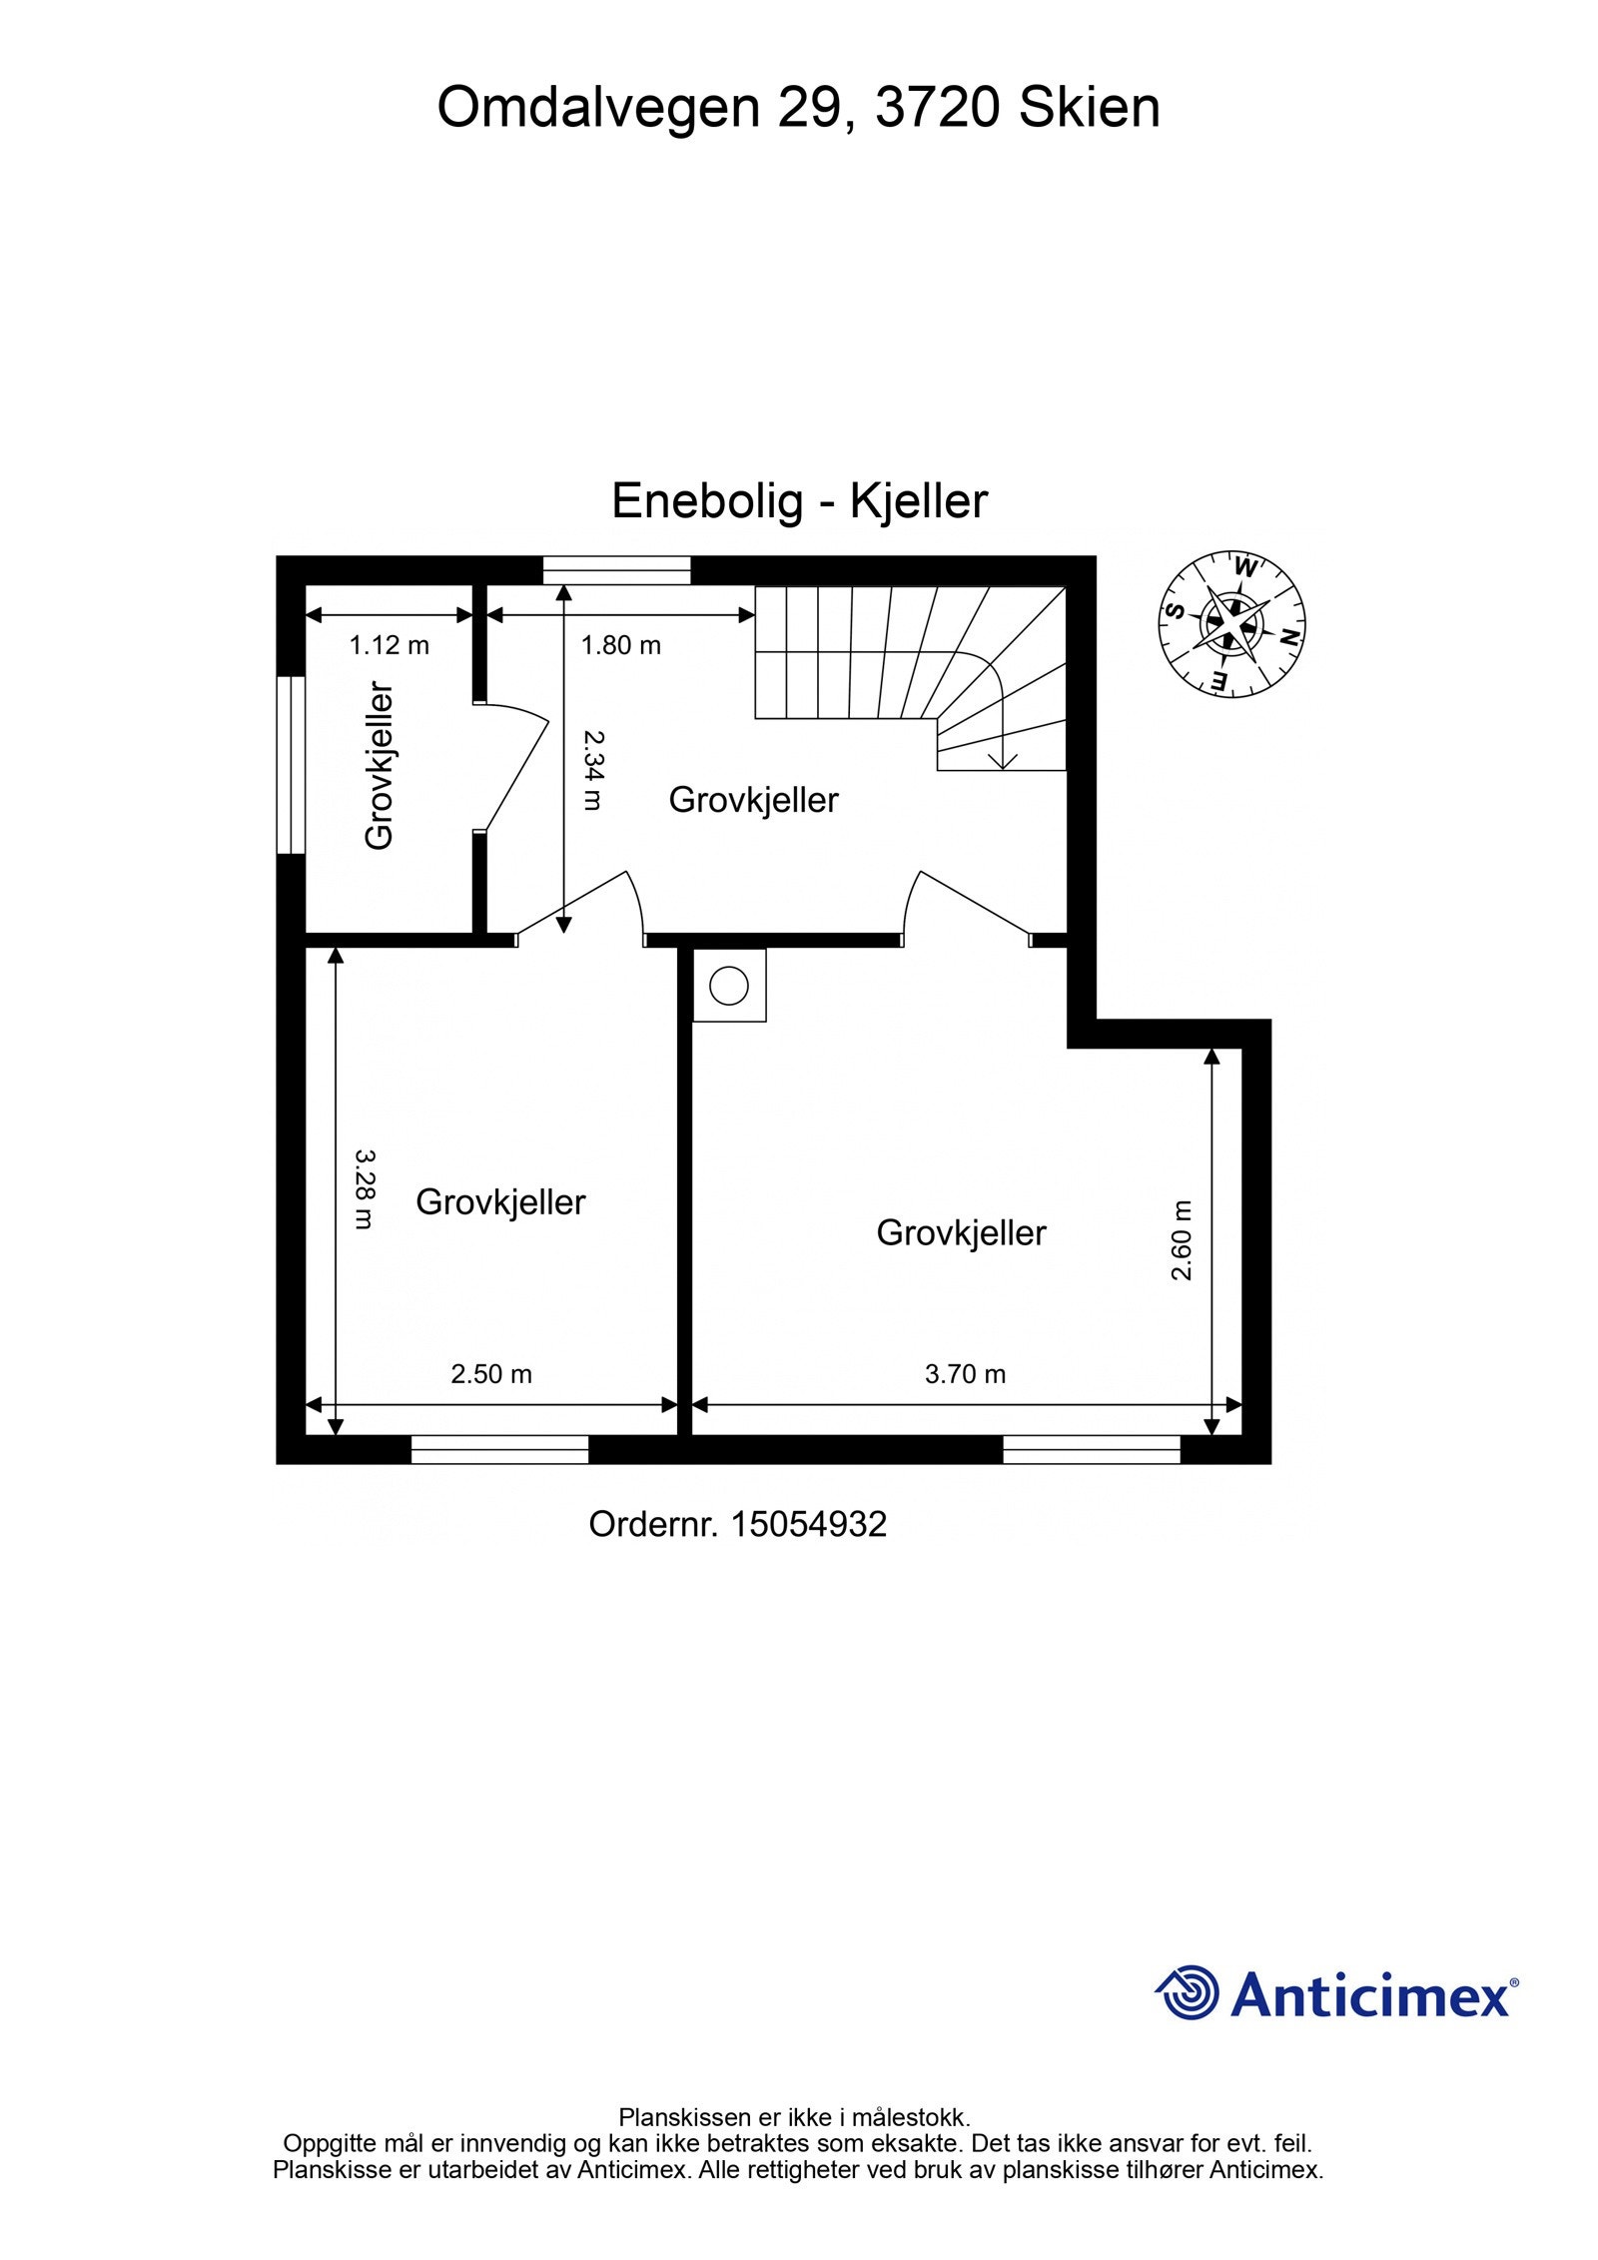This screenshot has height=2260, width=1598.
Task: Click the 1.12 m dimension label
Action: [389, 646]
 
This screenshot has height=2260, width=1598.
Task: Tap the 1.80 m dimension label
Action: [620, 646]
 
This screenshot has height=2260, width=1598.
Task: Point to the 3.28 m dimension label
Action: [366, 1188]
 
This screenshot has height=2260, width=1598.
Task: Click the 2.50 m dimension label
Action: [490, 1374]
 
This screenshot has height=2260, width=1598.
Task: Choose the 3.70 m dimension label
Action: [965, 1374]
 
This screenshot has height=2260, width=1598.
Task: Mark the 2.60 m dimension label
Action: [1182, 1240]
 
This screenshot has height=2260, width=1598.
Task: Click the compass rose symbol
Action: [1231, 624]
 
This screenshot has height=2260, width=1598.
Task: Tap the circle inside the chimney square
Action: [728, 986]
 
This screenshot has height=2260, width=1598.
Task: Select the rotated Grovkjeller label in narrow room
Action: [381, 765]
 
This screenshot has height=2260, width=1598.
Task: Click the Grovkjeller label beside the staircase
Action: [753, 800]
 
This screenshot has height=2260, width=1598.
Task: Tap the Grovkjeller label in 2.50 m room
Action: [500, 1201]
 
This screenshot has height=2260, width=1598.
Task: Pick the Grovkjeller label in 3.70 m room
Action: [961, 1232]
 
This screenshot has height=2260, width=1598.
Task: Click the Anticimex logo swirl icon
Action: [1188, 1993]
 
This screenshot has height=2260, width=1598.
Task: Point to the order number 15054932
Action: [808, 1524]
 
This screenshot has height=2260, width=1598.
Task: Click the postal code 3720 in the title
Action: [936, 108]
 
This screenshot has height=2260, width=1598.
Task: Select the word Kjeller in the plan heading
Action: [918, 500]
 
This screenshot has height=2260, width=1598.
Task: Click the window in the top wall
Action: [616, 570]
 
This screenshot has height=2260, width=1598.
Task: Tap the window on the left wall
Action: [291, 765]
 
